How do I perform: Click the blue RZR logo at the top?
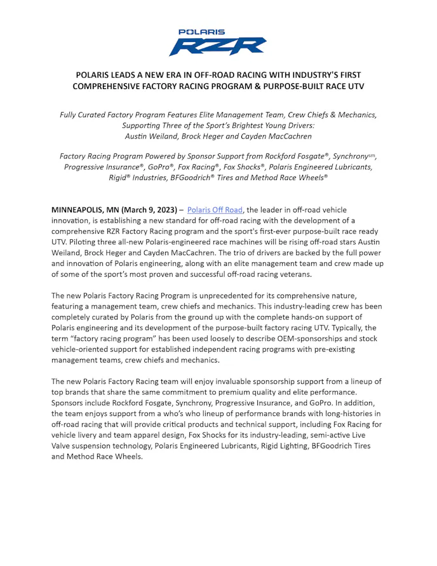tap(217, 46)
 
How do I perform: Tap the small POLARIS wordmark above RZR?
tap(202, 32)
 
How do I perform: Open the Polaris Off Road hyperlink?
tap(215, 210)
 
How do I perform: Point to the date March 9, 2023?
tap(151, 210)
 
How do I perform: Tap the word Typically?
tap(358, 328)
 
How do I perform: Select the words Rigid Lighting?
tap(271, 446)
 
